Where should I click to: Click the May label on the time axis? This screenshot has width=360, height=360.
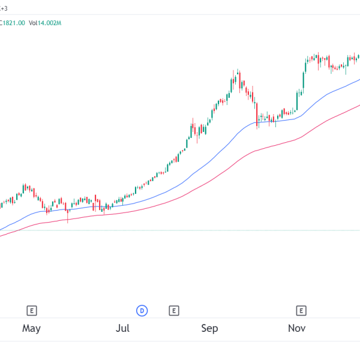[31, 328]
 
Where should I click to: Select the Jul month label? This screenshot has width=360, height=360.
[122, 328]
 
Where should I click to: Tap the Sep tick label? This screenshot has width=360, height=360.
[209, 328]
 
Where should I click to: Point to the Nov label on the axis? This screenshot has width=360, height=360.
[296, 328]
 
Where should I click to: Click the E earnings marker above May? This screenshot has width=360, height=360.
[32, 310]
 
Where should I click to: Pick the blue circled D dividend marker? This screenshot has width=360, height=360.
[142, 310]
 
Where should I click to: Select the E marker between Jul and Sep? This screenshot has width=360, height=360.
[173, 310]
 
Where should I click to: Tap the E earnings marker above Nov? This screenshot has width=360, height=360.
[301, 310]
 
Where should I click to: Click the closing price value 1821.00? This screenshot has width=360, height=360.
[15, 23]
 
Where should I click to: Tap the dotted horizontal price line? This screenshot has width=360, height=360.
[180, 230]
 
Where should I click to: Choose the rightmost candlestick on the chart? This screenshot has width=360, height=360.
[358, 57]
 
